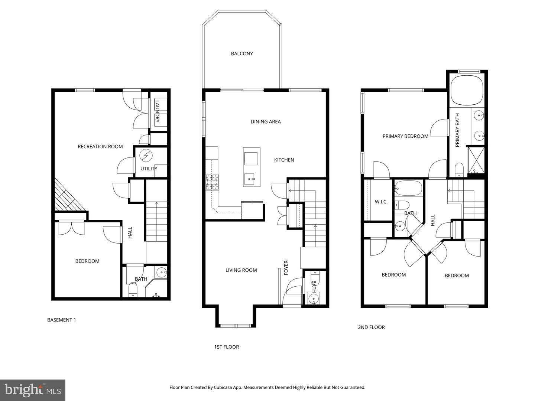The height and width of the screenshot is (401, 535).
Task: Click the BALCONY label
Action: pyautogui.click(x=242, y=54)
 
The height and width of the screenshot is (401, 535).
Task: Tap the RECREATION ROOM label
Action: pyautogui.click(x=100, y=147)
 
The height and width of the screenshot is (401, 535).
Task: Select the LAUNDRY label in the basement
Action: pyautogui.click(x=157, y=111)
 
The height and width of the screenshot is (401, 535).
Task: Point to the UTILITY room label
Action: pyautogui.click(x=149, y=169)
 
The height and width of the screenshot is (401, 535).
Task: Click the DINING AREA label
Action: pyautogui.click(x=266, y=122)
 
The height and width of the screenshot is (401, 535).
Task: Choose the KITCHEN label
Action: pyautogui.click(x=284, y=160)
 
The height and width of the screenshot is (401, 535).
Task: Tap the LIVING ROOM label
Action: pyautogui.click(x=241, y=270)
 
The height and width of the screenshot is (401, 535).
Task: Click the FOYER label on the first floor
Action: pyautogui.click(x=286, y=267)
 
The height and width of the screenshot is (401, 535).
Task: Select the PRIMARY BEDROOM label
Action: pyautogui.click(x=405, y=136)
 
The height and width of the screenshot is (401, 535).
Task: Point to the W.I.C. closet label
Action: pyautogui.click(x=381, y=202)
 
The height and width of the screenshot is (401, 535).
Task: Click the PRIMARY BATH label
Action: pyautogui.click(x=457, y=130)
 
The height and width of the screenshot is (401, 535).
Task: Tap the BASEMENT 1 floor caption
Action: pyautogui.click(x=62, y=320)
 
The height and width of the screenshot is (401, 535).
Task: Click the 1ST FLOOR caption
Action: pyautogui.click(x=226, y=347)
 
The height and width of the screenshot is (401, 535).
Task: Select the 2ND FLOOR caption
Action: pyautogui.click(x=371, y=327)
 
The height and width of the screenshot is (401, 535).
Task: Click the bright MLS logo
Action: pyautogui.click(x=33, y=390)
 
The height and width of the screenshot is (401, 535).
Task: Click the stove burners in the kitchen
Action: pyautogui.click(x=213, y=182)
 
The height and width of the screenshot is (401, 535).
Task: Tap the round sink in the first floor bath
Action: pyautogui.click(x=314, y=299)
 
